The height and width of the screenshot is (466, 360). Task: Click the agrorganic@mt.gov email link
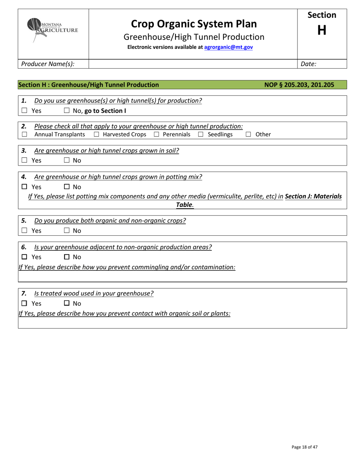pos(229,47)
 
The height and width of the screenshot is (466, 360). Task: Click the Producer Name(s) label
pos(48,64)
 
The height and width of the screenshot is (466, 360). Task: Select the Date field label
pos(308,64)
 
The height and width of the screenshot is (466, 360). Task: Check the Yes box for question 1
pos(24,111)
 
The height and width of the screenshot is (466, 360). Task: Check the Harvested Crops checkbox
pos(96,134)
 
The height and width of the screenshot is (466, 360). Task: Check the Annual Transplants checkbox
pos(24,134)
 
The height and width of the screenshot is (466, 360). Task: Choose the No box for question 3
pos(66,160)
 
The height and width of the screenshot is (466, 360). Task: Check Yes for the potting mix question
pos(24,187)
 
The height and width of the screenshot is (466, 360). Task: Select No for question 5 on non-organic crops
pos(66,230)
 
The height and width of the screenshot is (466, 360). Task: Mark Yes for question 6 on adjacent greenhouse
pos(24,257)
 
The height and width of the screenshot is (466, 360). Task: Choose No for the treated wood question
pos(66,303)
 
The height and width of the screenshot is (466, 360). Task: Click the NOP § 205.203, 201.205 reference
pos(299,85)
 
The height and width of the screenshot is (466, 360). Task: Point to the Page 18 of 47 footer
pos(304,447)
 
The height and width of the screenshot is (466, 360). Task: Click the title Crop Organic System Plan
pos(194,24)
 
